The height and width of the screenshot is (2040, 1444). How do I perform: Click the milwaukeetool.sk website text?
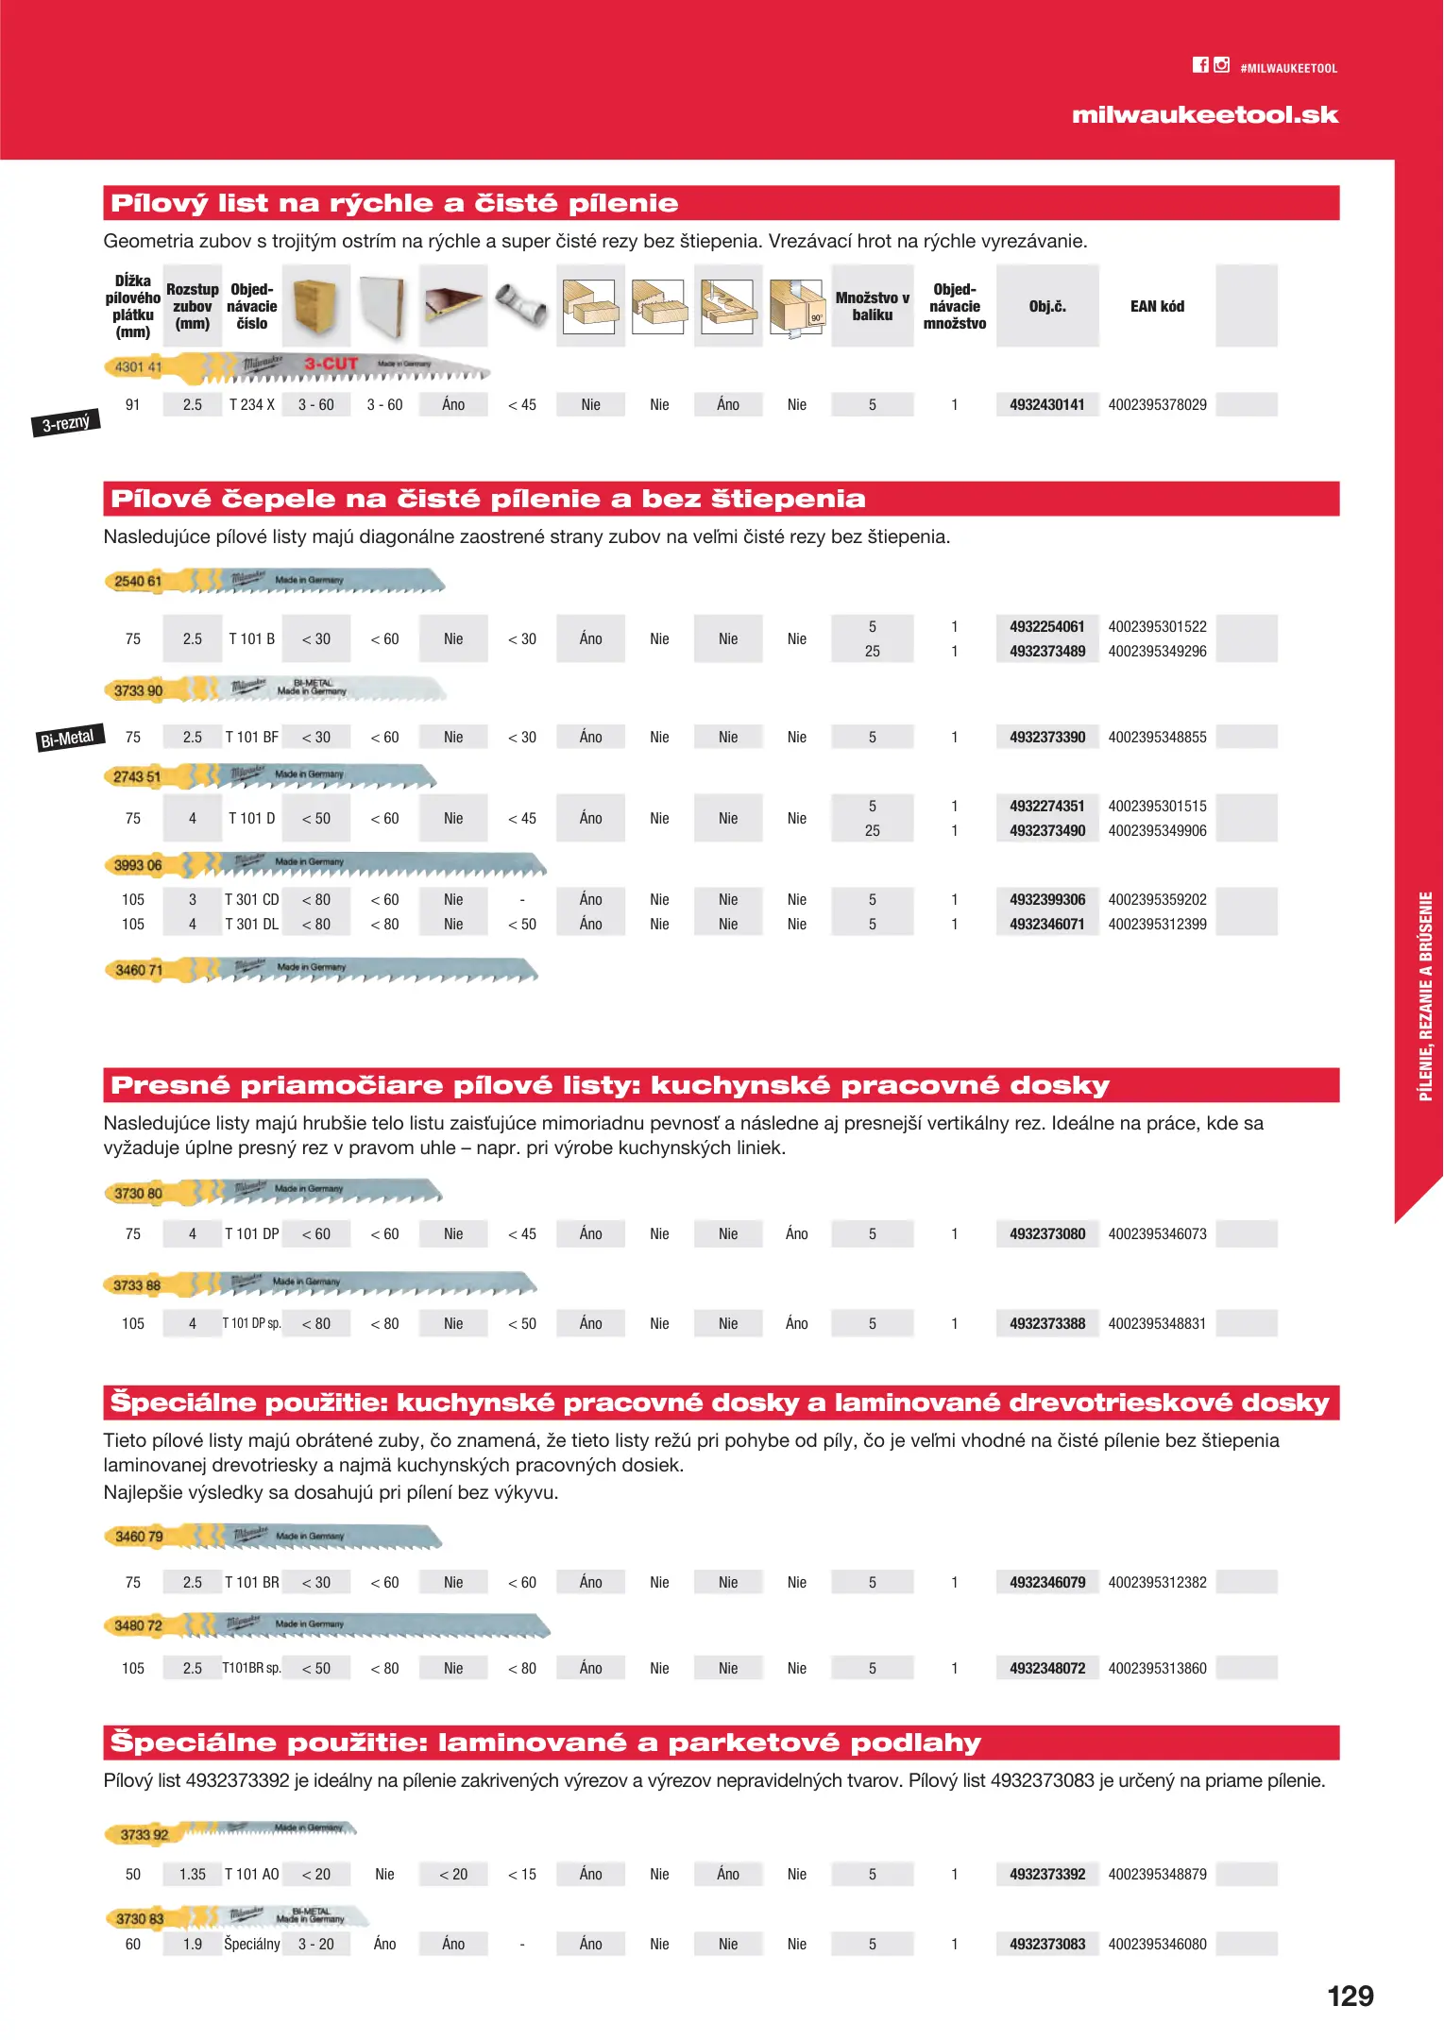(x=1204, y=115)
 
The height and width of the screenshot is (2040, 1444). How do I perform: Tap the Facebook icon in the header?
(x=1200, y=65)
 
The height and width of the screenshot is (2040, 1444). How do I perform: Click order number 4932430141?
(x=1046, y=405)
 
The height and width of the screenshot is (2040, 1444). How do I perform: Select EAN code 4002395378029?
(x=1157, y=405)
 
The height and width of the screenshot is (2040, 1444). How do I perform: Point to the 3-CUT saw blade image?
(x=297, y=367)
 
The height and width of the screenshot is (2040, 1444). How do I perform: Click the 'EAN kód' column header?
(x=1157, y=306)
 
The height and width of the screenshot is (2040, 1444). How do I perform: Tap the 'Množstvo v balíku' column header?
(x=872, y=306)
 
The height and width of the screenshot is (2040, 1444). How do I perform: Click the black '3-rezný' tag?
(x=66, y=423)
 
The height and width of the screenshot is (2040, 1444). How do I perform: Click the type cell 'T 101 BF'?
(x=251, y=738)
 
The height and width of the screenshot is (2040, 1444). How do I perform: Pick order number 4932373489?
(x=1046, y=652)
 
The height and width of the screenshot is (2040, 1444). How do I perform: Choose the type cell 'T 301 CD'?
(x=251, y=900)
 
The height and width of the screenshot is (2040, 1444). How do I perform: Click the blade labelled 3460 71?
(x=321, y=970)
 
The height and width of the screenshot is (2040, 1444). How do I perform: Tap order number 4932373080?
(x=1046, y=1234)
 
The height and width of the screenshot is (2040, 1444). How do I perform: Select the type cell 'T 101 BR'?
(x=251, y=1583)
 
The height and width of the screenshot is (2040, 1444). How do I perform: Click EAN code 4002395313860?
(x=1157, y=1669)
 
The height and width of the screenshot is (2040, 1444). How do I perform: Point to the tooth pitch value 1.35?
(x=193, y=1875)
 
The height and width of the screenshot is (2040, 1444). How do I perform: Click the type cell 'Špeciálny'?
(x=251, y=1945)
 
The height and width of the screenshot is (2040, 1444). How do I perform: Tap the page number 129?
(x=1350, y=1997)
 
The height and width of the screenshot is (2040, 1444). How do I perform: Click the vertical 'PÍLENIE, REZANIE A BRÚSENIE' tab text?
(x=1425, y=996)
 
